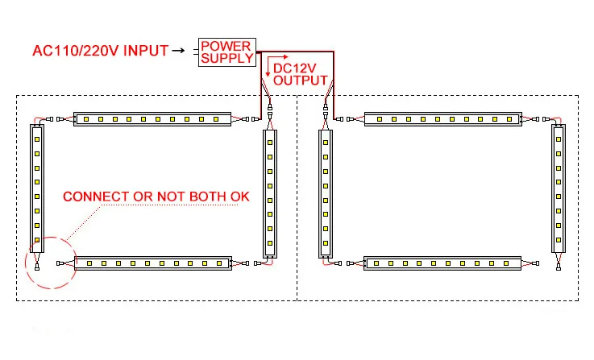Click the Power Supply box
pyautogui.click(x=226, y=52)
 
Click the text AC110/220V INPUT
pyautogui.click(x=99, y=52)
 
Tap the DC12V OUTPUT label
pyautogui.click(x=300, y=74)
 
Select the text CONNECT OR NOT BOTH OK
pyautogui.click(x=156, y=197)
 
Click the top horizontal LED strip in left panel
pyautogui.click(x=152, y=119)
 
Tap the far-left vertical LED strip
pyautogui.click(x=36, y=185)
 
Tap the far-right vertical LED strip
pyautogui.click(x=559, y=185)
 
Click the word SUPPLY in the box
pyautogui.click(x=226, y=58)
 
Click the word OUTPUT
pyautogui.click(x=301, y=81)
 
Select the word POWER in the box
pyautogui.click(x=226, y=45)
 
